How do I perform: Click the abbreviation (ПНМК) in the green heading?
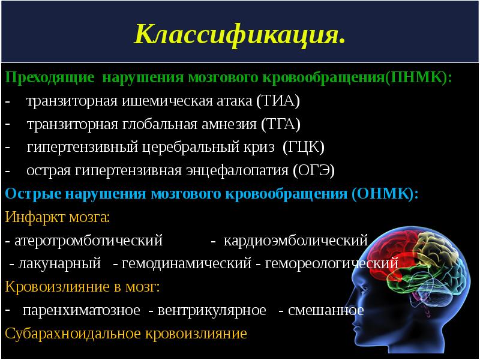pos(418,78)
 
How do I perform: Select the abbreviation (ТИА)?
pos(278,101)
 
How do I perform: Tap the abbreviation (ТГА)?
pos(280,124)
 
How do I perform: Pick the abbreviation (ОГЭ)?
pos(314,170)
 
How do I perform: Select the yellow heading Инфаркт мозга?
pos(58,217)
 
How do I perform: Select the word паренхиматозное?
pos(82,310)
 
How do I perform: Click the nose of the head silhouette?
pos(349,328)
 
